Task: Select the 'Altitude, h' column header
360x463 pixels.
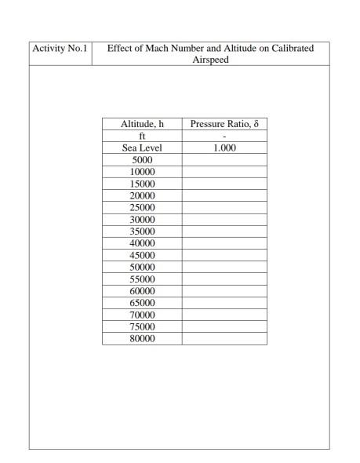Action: click(x=142, y=124)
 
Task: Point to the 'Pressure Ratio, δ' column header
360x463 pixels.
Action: click(x=224, y=124)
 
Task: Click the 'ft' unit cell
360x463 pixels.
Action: click(x=142, y=136)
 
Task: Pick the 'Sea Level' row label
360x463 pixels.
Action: click(x=142, y=148)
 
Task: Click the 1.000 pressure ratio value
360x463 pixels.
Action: click(x=224, y=148)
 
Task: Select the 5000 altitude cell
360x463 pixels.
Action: click(x=142, y=159)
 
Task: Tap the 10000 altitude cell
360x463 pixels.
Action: click(x=142, y=171)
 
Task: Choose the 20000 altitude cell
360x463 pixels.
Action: click(x=142, y=195)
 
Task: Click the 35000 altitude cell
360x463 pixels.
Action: click(x=142, y=231)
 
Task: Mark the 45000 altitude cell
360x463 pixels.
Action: click(x=142, y=255)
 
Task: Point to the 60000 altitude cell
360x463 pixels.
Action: click(x=142, y=290)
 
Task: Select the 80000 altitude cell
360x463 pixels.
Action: click(x=142, y=338)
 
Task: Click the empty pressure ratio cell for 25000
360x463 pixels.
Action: click(x=224, y=207)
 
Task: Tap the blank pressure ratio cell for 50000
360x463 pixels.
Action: click(x=224, y=267)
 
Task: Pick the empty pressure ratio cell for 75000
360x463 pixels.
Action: click(x=224, y=326)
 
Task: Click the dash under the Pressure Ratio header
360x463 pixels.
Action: click(x=224, y=136)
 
